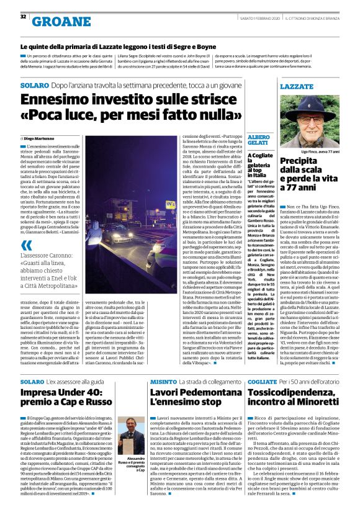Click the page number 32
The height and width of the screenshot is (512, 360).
[x=23, y=17]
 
